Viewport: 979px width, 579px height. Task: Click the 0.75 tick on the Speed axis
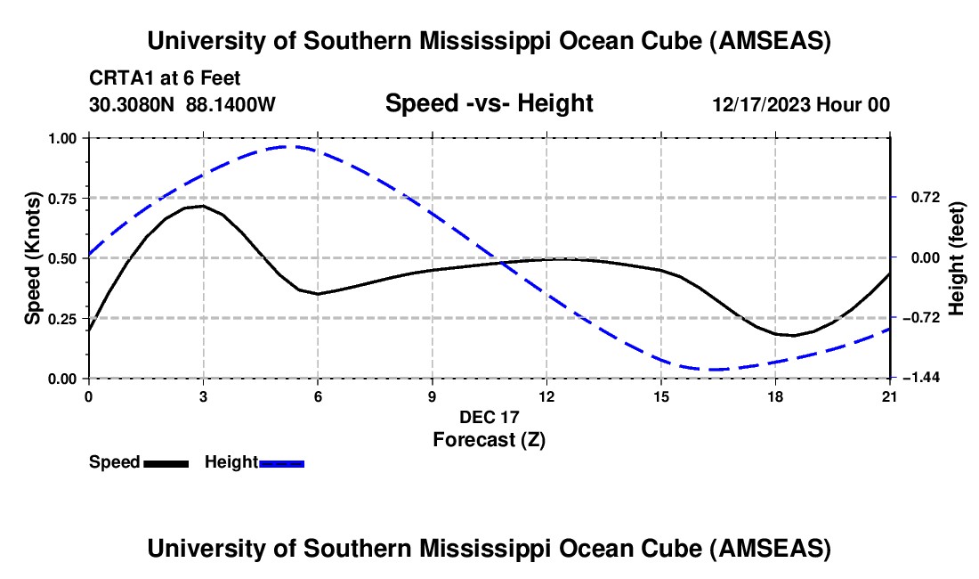pos(64,198)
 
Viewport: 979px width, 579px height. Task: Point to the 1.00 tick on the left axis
pos(64,138)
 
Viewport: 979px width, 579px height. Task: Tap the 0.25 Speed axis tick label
pos(64,318)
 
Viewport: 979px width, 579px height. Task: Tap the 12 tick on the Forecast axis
pos(546,396)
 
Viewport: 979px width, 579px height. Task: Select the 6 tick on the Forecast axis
pos(318,396)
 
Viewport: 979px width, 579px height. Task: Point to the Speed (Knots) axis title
pos(32,258)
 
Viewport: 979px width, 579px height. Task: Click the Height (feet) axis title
pos(957,258)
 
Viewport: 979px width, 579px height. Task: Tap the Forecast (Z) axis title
pos(489,439)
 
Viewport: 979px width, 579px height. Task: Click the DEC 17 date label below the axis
pos(489,417)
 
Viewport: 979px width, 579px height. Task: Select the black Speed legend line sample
pos(166,463)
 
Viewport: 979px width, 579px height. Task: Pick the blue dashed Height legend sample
pos(281,463)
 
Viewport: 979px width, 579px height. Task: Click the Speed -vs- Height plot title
pos(489,104)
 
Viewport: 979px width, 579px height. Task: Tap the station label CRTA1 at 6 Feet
pos(165,79)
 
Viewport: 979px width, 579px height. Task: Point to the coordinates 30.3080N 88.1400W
pos(182,105)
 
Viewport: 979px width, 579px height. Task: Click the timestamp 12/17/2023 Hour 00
pos(801,105)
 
